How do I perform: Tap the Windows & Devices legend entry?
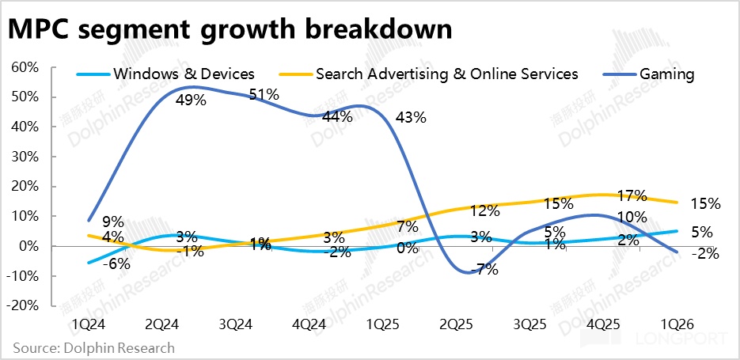(x=184, y=74)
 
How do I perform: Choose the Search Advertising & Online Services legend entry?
(x=446, y=74)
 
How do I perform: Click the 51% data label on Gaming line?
(x=264, y=94)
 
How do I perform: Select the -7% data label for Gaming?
(x=484, y=269)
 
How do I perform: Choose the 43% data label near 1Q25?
(x=411, y=118)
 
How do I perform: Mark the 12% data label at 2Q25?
(x=484, y=211)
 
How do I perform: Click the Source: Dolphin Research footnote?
(x=93, y=347)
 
